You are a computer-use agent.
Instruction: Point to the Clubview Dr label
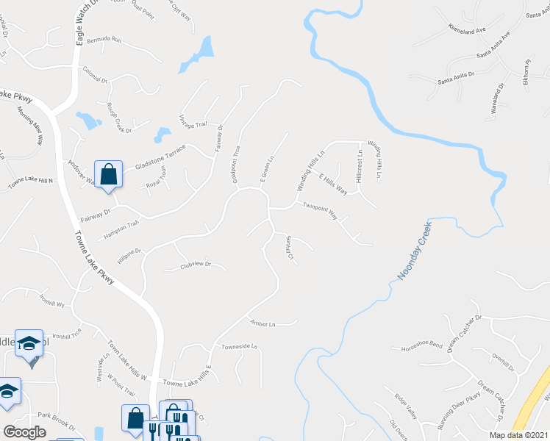[196, 265]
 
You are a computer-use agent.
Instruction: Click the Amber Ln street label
[262, 324]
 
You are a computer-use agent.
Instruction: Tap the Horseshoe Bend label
[421, 344]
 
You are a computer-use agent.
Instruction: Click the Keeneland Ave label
[468, 31]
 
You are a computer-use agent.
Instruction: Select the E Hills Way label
[332, 183]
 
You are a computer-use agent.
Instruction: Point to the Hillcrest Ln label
[360, 167]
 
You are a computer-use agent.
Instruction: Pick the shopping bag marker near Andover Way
[108, 175]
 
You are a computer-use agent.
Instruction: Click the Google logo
[24, 432]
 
